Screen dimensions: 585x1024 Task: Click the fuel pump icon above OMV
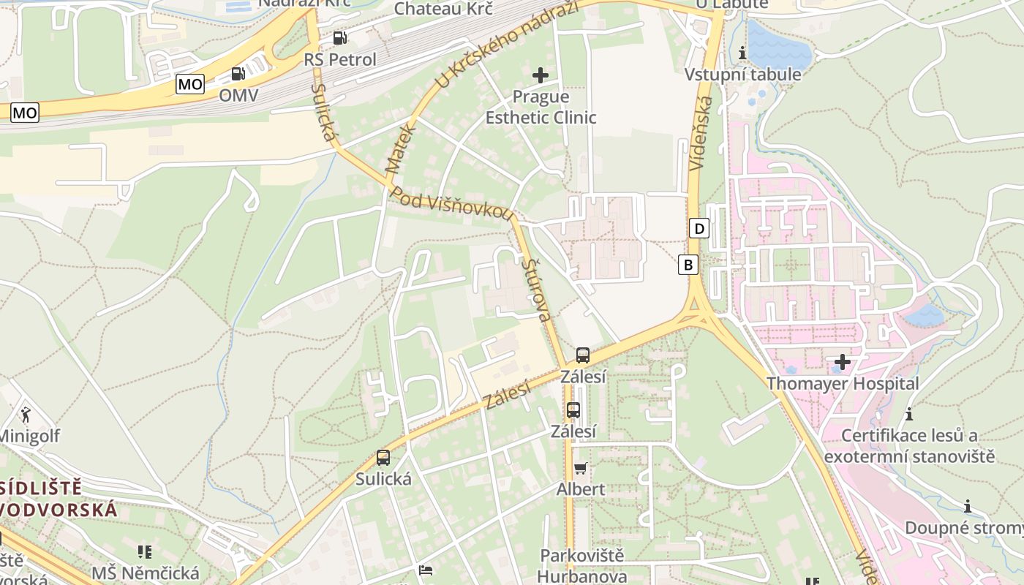pyautogui.click(x=238, y=73)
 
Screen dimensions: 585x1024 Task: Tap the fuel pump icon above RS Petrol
pyautogui.click(x=339, y=37)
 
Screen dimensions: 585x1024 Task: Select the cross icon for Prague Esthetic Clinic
pyautogui.click(x=541, y=75)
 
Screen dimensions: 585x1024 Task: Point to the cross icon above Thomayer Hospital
pyautogui.click(x=842, y=361)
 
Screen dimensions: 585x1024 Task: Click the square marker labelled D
pyautogui.click(x=699, y=229)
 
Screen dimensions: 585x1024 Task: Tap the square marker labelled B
pyautogui.click(x=688, y=264)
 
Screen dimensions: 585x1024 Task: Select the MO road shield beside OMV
pyautogui.click(x=190, y=84)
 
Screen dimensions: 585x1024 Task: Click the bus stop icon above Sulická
pyautogui.click(x=383, y=458)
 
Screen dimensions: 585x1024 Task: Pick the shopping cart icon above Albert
pyautogui.click(x=581, y=468)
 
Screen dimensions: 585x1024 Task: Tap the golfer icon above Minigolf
pyautogui.click(x=26, y=415)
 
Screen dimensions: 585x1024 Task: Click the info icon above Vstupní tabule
pyautogui.click(x=742, y=53)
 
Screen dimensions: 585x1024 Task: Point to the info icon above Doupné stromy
pyautogui.click(x=967, y=506)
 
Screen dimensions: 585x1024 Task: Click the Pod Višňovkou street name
pyautogui.click(x=451, y=203)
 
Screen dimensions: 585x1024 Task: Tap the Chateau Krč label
pyautogui.click(x=443, y=8)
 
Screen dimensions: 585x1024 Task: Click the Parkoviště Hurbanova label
pyautogui.click(x=582, y=565)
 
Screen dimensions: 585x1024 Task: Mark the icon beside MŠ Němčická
pyautogui.click(x=145, y=551)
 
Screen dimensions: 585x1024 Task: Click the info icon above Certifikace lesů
pyautogui.click(x=909, y=414)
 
